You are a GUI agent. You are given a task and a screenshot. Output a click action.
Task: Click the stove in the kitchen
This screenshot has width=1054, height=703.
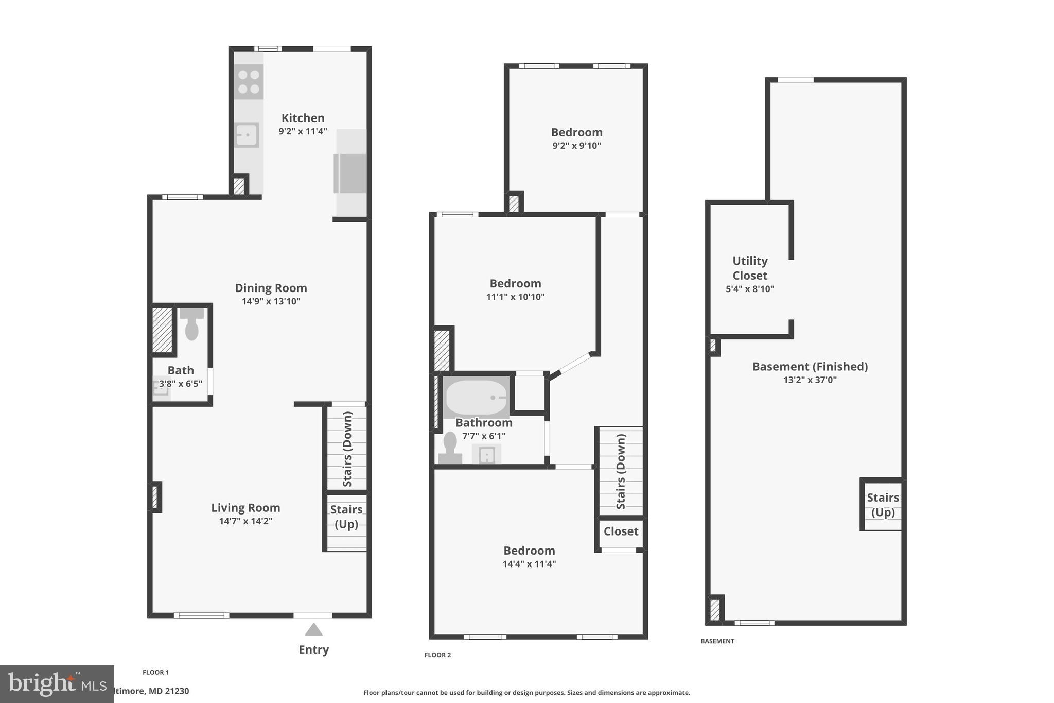(249, 82)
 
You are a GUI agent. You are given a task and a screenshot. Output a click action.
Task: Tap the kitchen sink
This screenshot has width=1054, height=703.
(247, 135)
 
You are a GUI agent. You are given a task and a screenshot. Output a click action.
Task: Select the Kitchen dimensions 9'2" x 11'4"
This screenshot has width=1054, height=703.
(303, 131)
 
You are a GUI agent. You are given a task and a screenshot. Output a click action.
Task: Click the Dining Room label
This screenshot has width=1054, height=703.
(271, 288)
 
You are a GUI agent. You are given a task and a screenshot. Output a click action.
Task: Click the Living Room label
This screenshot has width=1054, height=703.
(245, 508)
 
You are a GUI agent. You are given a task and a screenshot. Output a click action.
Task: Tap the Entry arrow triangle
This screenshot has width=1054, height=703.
(313, 629)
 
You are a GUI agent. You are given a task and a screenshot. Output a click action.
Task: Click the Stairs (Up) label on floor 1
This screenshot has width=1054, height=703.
(346, 517)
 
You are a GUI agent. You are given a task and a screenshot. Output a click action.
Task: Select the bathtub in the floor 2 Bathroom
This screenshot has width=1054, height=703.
(476, 398)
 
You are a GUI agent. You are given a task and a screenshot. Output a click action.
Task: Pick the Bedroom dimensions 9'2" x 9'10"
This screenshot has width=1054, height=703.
(576, 146)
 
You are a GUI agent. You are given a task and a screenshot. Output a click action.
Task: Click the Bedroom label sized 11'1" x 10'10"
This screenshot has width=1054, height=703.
(515, 283)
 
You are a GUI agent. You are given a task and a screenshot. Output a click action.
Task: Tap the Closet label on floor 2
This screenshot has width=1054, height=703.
(621, 531)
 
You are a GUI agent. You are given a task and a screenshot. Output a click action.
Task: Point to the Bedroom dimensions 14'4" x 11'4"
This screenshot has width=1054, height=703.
(529, 564)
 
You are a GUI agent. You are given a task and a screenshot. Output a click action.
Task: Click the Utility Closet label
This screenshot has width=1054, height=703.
(750, 268)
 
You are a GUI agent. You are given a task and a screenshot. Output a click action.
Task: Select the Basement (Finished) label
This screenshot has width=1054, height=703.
(810, 367)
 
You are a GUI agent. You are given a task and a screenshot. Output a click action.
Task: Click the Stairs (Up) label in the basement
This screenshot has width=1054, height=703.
(883, 505)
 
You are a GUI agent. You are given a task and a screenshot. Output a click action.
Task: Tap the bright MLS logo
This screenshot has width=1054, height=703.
(57, 684)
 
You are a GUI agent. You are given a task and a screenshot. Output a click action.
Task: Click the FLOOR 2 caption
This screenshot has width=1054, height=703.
(437, 655)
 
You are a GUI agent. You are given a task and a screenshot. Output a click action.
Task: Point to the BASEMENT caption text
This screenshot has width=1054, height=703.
(717, 641)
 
